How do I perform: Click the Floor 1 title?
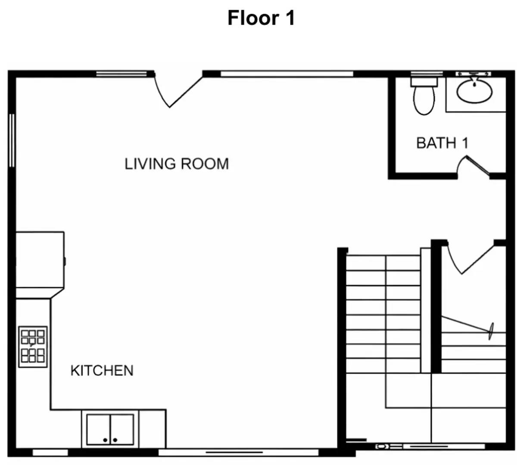261,18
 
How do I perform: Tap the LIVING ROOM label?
177,164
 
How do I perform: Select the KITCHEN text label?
102,371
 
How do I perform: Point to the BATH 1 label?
442,143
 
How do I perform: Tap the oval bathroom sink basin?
474,91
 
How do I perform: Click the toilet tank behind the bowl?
424,81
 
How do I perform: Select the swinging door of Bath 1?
477,166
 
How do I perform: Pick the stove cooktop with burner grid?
33,347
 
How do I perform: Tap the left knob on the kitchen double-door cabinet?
105,440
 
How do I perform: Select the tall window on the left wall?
12,140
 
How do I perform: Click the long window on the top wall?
287,74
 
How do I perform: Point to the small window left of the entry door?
121,74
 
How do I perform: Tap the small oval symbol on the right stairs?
491,331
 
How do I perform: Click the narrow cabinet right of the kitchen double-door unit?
152,429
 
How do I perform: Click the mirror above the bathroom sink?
473,74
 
